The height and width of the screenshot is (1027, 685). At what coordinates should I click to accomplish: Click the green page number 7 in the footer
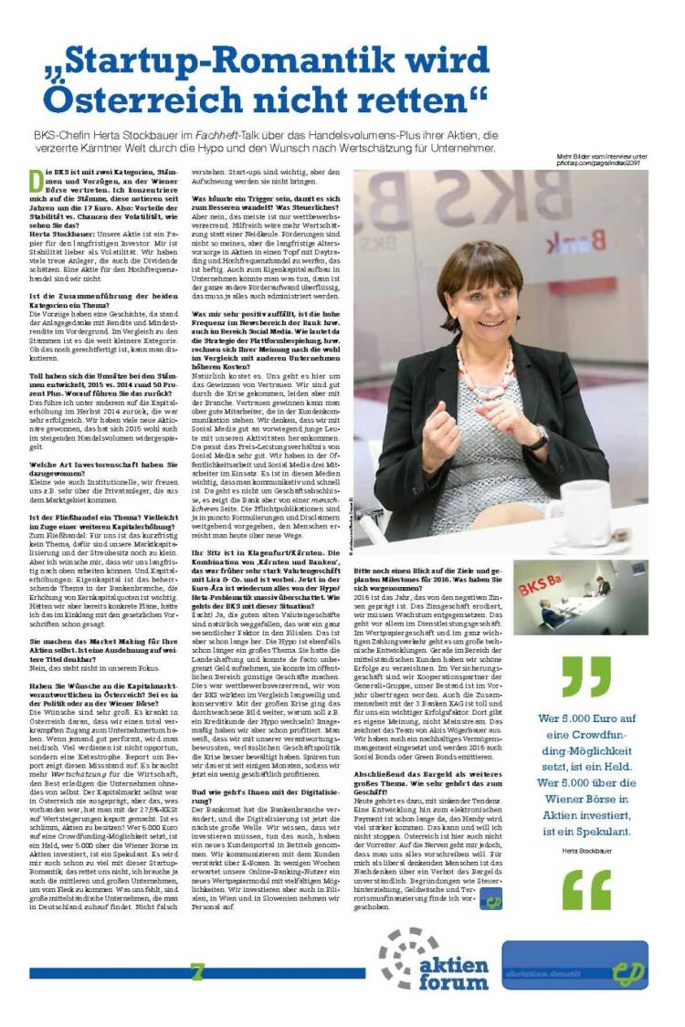click(196, 971)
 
